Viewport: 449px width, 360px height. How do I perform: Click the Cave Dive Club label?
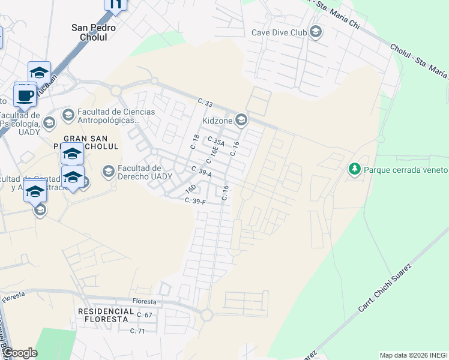(280, 32)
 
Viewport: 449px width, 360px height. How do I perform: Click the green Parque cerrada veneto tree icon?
(355, 170)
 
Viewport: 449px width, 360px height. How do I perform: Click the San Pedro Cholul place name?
(94, 32)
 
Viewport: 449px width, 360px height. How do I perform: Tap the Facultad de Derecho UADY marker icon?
(109, 172)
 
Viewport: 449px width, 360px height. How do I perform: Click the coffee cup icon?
(25, 95)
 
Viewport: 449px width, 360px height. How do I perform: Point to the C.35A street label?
(215, 142)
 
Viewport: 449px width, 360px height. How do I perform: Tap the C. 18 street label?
(194, 142)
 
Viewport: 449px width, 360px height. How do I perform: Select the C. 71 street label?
(141, 331)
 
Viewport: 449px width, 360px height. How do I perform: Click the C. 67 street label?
(145, 315)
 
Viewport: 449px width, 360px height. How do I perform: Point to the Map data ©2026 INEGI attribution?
(414, 355)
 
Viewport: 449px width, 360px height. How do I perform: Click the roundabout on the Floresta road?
(207, 314)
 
